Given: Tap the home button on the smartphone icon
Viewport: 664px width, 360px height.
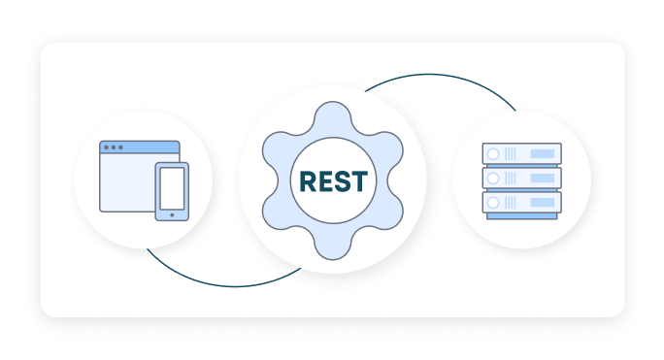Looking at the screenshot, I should [x=172, y=213].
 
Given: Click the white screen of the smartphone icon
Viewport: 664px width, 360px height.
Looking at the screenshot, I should [x=172, y=188].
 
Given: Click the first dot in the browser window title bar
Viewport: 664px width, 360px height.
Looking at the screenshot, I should [x=106, y=147].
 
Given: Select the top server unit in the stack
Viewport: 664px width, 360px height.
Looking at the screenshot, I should [x=521, y=154].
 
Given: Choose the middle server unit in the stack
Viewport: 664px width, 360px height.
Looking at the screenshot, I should [x=521, y=179].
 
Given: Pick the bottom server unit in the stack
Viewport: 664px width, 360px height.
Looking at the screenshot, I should [x=521, y=203].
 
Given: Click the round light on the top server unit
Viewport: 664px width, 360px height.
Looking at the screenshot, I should [x=493, y=154].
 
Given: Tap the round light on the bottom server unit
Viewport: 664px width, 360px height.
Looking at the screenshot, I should [x=493, y=203].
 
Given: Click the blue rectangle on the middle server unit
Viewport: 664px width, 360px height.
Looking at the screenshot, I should [x=543, y=179].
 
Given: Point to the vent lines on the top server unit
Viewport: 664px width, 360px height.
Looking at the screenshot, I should [x=513, y=154].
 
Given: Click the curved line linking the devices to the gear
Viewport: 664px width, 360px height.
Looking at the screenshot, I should [x=223, y=285].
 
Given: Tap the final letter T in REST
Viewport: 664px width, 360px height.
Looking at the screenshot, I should [x=360, y=181].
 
